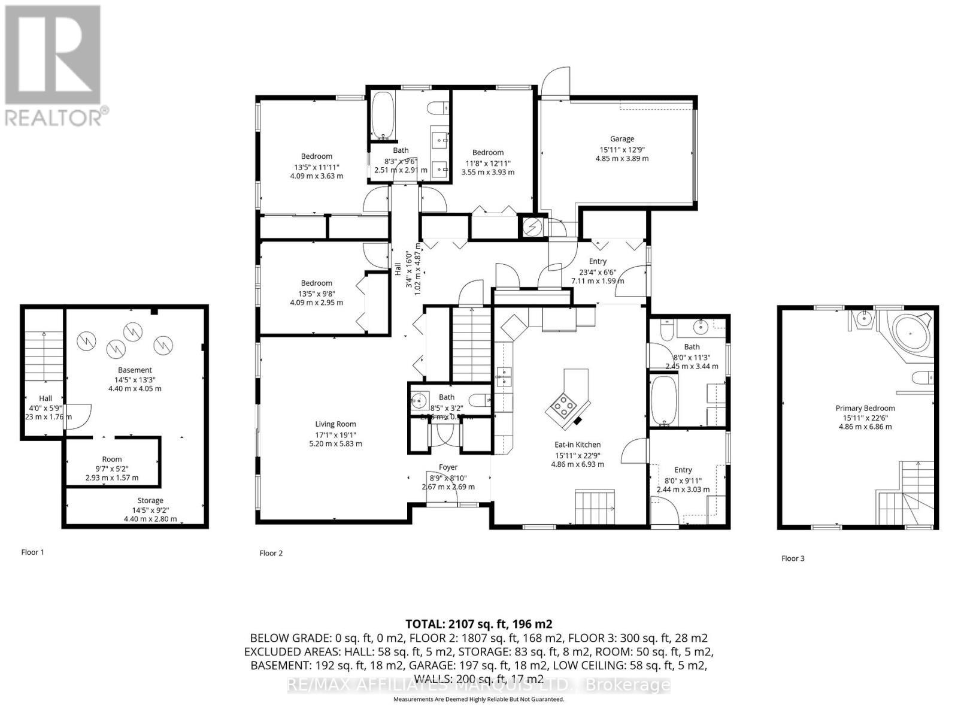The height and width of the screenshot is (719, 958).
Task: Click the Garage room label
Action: point(622,139)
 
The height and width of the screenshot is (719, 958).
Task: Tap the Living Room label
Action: point(335,424)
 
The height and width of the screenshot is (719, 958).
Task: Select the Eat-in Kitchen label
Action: point(577,445)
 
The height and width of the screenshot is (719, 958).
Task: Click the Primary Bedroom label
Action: point(865,408)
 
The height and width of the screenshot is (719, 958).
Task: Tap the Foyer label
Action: point(448,467)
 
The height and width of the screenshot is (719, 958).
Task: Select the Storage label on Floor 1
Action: point(150,500)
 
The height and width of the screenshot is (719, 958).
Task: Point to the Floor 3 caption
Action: point(793,558)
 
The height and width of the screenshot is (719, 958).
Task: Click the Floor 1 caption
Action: point(32,552)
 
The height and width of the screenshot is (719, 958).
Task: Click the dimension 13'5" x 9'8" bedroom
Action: point(316,293)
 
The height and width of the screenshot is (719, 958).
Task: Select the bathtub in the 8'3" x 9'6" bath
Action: point(381,115)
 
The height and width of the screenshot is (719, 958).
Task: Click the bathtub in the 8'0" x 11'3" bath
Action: point(662,400)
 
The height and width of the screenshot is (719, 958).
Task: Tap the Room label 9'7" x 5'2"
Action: point(111,460)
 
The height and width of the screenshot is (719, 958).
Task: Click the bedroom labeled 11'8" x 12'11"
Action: point(487,162)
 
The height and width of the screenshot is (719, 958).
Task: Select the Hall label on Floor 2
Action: point(397,270)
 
